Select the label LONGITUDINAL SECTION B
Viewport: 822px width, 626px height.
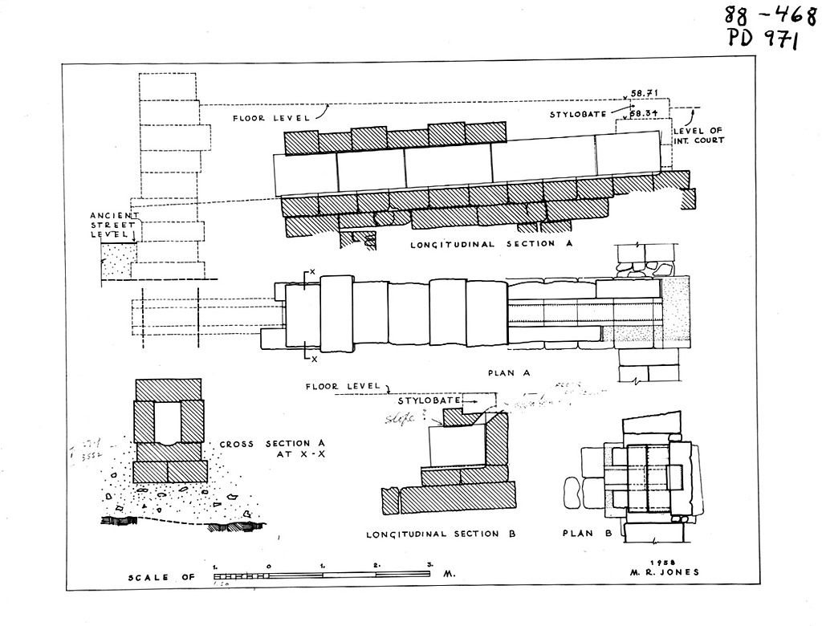(x=441, y=534)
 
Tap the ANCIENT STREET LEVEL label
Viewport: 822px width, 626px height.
(x=115, y=224)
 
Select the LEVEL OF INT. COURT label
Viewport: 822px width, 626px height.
(x=698, y=136)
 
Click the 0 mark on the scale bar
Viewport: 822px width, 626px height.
(x=268, y=566)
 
